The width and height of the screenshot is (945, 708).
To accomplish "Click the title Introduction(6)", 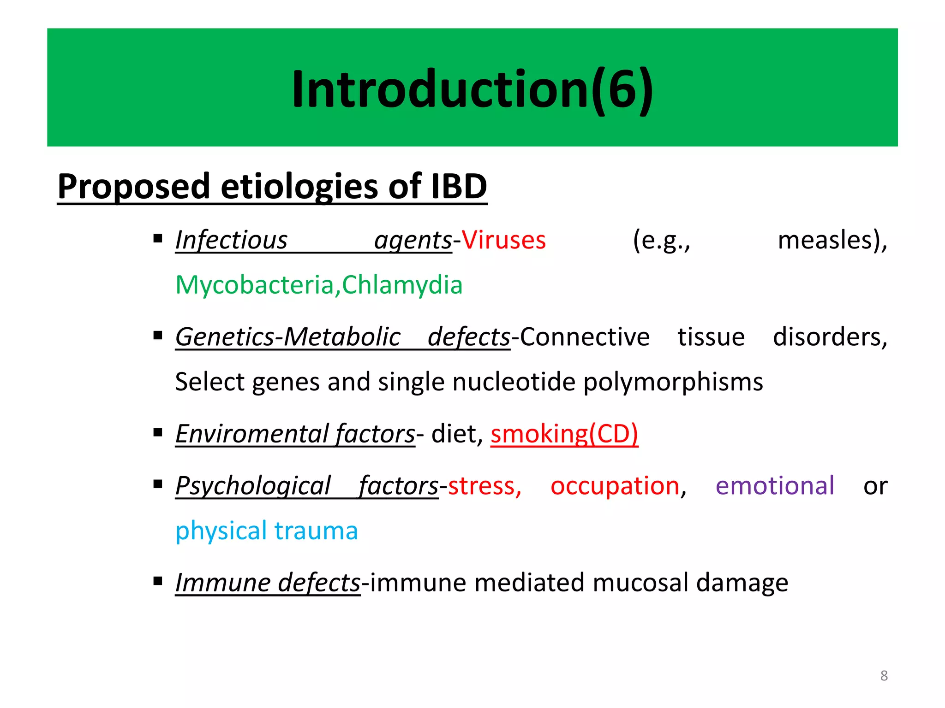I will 472,89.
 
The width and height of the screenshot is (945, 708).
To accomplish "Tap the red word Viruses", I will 504,241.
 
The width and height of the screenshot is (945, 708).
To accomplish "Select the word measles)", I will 832,241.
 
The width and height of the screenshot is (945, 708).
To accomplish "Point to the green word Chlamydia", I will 402,285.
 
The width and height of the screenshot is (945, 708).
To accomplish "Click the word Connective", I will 585,337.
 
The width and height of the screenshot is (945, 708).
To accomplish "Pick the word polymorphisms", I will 673,383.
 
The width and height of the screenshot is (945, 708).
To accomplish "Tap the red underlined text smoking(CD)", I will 564,434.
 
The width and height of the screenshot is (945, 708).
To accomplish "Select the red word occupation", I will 615,486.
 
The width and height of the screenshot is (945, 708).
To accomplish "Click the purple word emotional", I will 774,486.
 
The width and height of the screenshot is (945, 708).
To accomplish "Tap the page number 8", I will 884,676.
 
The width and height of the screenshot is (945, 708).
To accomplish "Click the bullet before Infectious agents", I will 158,239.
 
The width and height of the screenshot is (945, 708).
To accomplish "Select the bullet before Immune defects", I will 158,581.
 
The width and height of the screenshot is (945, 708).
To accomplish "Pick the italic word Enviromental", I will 252,434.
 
